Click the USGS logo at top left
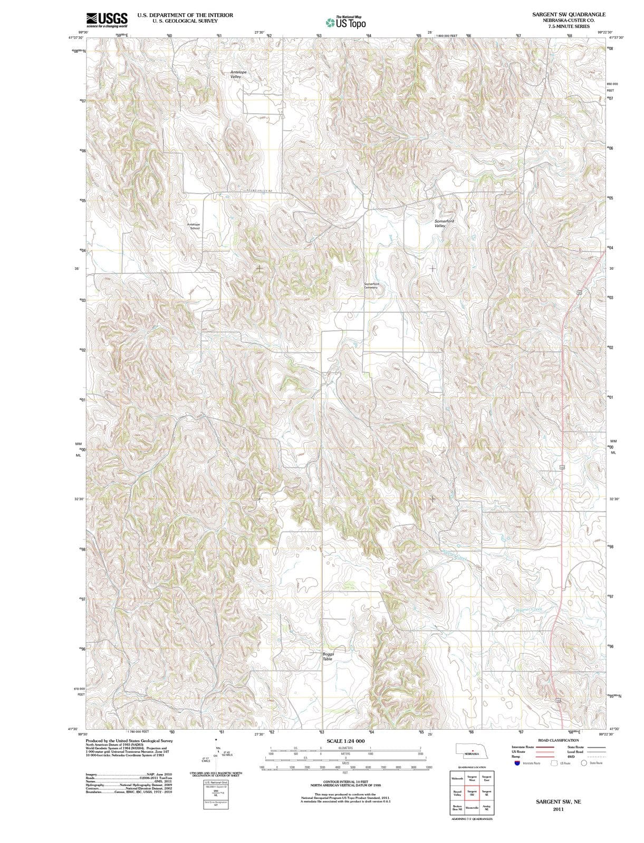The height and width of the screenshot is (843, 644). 107,19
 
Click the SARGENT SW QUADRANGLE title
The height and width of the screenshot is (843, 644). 569,15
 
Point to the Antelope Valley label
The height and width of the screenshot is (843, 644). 238,74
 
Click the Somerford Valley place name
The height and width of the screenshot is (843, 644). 444,223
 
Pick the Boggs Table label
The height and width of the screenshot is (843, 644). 328,656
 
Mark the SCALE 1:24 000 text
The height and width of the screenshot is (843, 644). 345,741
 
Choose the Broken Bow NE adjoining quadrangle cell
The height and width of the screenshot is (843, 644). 457,807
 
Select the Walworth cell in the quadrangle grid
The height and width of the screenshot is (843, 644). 457,778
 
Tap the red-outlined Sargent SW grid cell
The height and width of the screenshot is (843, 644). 472,792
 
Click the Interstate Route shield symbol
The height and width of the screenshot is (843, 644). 517,763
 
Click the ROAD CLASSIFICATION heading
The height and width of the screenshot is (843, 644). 558,740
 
